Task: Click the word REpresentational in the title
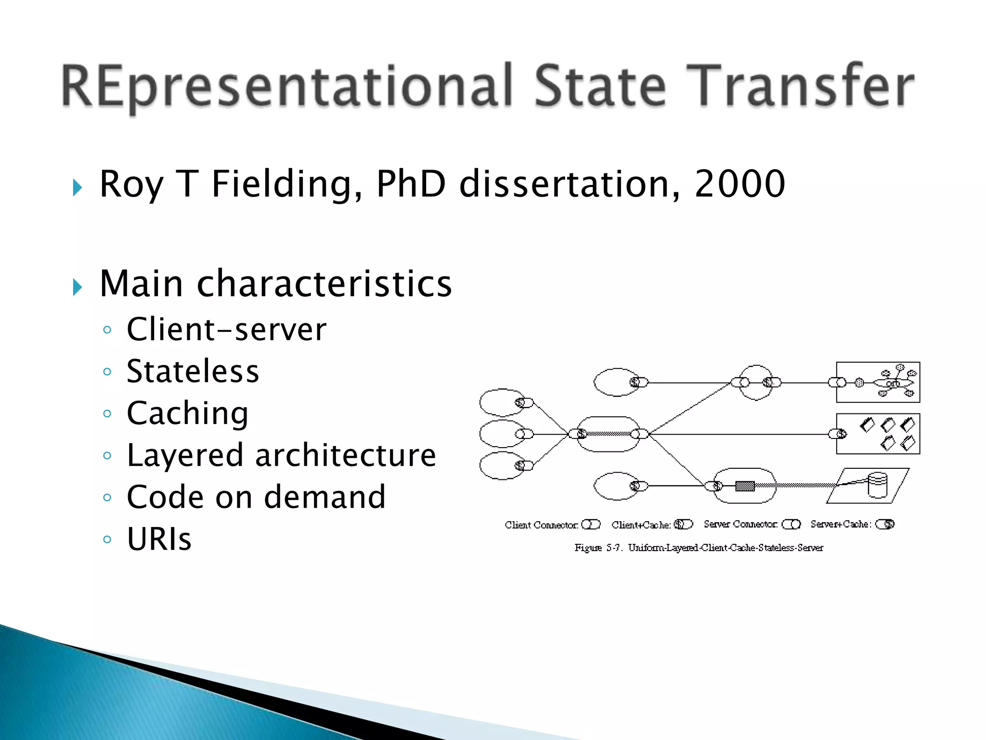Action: [x=287, y=87]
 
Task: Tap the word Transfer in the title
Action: [x=799, y=87]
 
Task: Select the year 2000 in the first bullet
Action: [x=739, y=184]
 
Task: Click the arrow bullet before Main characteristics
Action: [x=77, y=287]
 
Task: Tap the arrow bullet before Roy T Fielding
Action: [x=77, y=187]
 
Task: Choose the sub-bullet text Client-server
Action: [x=226, y=330]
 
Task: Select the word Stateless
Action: [x=193, y=371]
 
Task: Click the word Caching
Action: [x=187, y=413]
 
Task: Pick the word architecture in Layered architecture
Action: [x=345, y=455]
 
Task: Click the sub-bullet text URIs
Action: [x=159, y=539]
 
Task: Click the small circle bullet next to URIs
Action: [x=107, y=539]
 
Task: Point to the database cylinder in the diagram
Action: [x=877, y=485]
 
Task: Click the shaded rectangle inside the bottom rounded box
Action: [x=744, y=486]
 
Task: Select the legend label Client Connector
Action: [x=541, y=525]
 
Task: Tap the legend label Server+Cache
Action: [x=841, y=524]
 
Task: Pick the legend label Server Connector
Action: [x=740, y=524]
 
